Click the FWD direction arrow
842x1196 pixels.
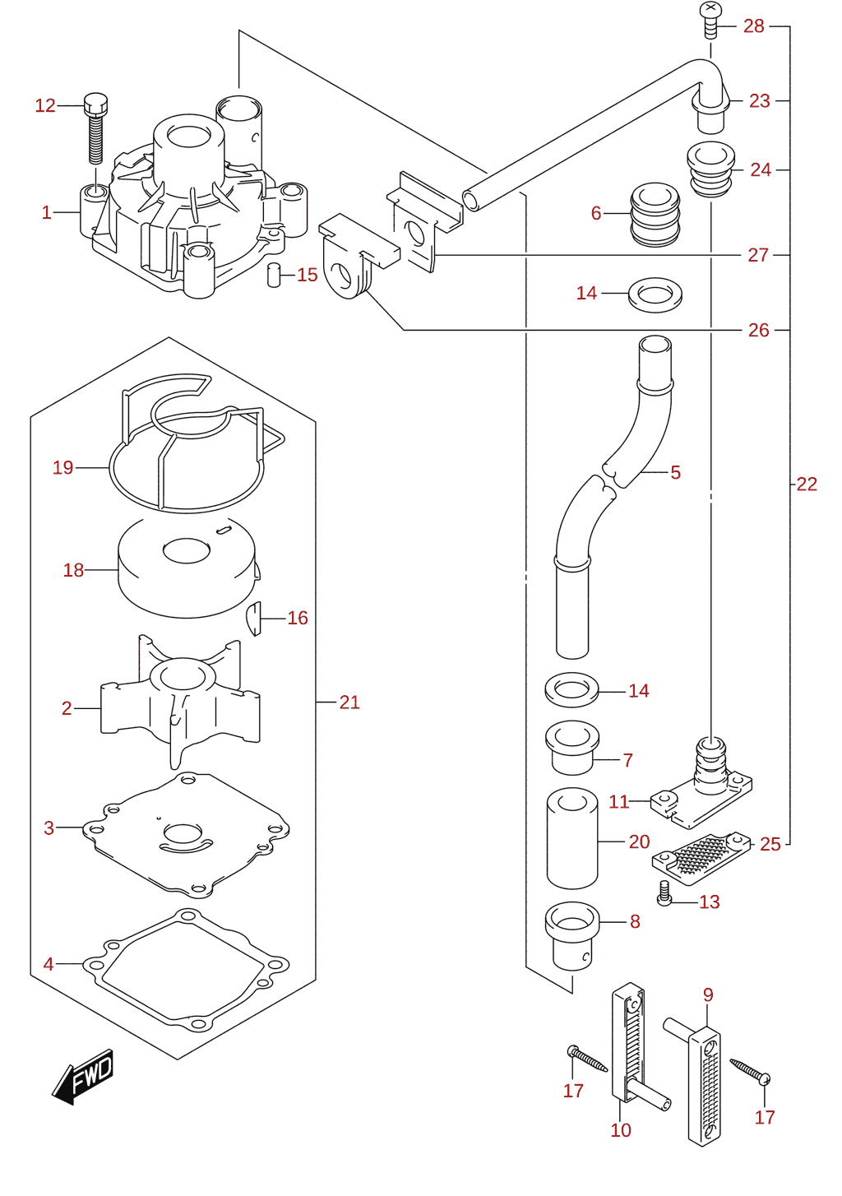[x=82, y=1076]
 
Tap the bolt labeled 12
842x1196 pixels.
[x=95, y=128]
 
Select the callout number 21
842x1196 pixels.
[x=349, y=702]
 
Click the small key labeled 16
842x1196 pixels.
[x=254, y=619]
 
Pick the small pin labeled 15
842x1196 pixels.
[x=273, y=275]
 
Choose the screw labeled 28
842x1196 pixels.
[x=710, y=21]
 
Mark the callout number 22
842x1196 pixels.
[x=807, y=484]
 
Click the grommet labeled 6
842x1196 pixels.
[x=655, y=215]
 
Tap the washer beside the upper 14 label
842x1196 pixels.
[x=655, y=294]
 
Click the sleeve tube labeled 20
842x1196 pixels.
[x=572, y=838]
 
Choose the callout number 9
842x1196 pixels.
[x=708, y=994]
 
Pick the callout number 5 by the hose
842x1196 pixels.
[x=676, y=472]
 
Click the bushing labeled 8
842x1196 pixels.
[x=572, y=939]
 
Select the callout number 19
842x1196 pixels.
[x=63, y=468]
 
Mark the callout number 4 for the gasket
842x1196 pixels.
[x=49, y=964]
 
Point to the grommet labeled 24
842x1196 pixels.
[x=710, y=169]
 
